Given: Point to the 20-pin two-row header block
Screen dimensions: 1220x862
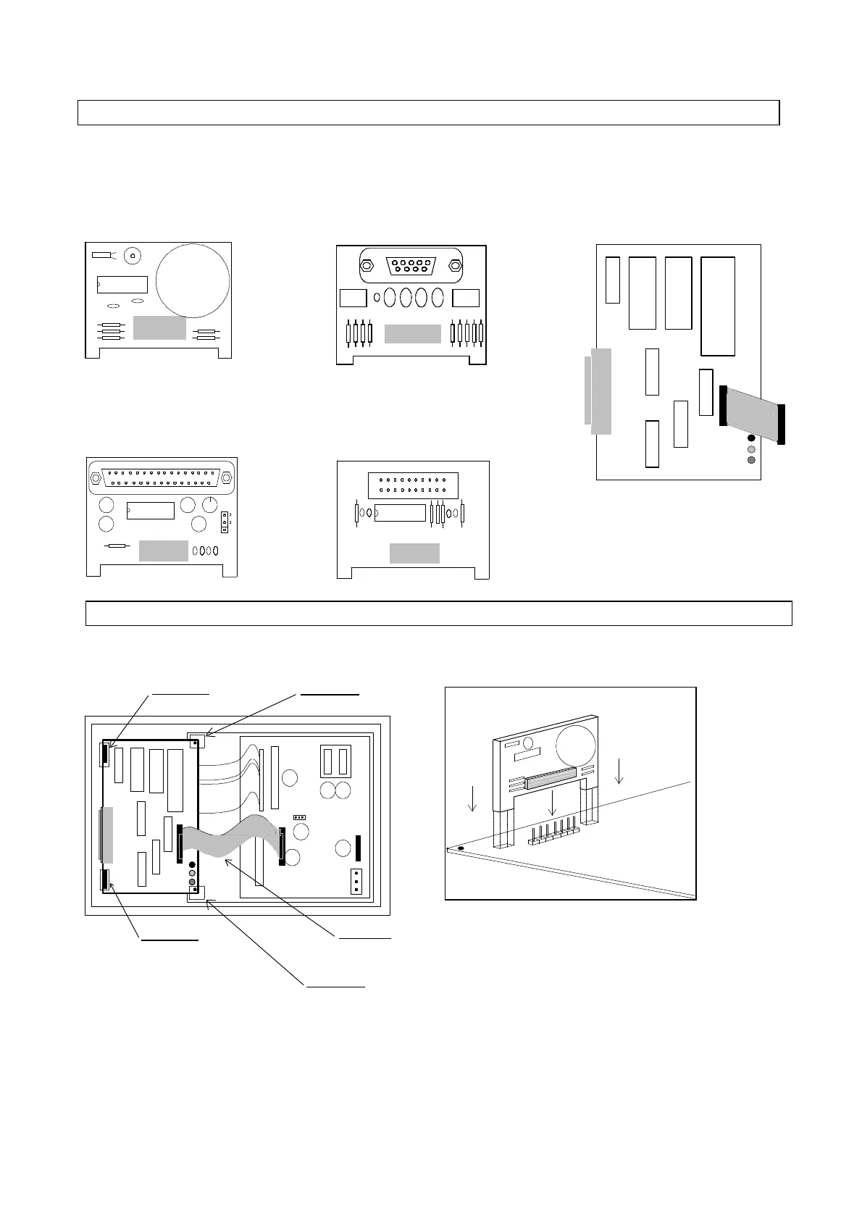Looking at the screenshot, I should [x=413, y=485].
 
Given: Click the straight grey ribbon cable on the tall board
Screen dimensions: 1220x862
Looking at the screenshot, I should [x=753, y=414].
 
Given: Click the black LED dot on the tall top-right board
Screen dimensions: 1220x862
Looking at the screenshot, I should [x=751, y=438].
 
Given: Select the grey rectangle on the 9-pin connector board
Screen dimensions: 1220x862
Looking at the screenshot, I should [x=412, y=333].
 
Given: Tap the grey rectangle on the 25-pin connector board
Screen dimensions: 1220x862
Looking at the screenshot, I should [x=163, y=551].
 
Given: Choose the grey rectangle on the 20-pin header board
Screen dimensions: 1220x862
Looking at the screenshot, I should [x=414, y=553].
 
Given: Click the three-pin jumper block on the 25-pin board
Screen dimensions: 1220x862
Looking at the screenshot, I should [x=225, y=522].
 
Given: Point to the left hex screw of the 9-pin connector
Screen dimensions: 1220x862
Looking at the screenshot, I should [x=367, y=266].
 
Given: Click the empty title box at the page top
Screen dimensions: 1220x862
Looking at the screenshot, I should [x=428, y=113].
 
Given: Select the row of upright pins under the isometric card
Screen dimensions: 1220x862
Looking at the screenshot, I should [x=554, y=832].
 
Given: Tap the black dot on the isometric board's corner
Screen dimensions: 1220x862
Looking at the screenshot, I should [x=461, y=848].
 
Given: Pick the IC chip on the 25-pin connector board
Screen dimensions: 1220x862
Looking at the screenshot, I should [x=151, y=511].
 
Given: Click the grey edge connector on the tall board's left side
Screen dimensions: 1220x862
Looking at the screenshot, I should [x=600, y=391].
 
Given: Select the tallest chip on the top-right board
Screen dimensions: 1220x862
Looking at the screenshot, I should [x=718, y=306].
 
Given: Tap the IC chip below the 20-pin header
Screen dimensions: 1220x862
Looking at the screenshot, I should [x=400, y=513].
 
